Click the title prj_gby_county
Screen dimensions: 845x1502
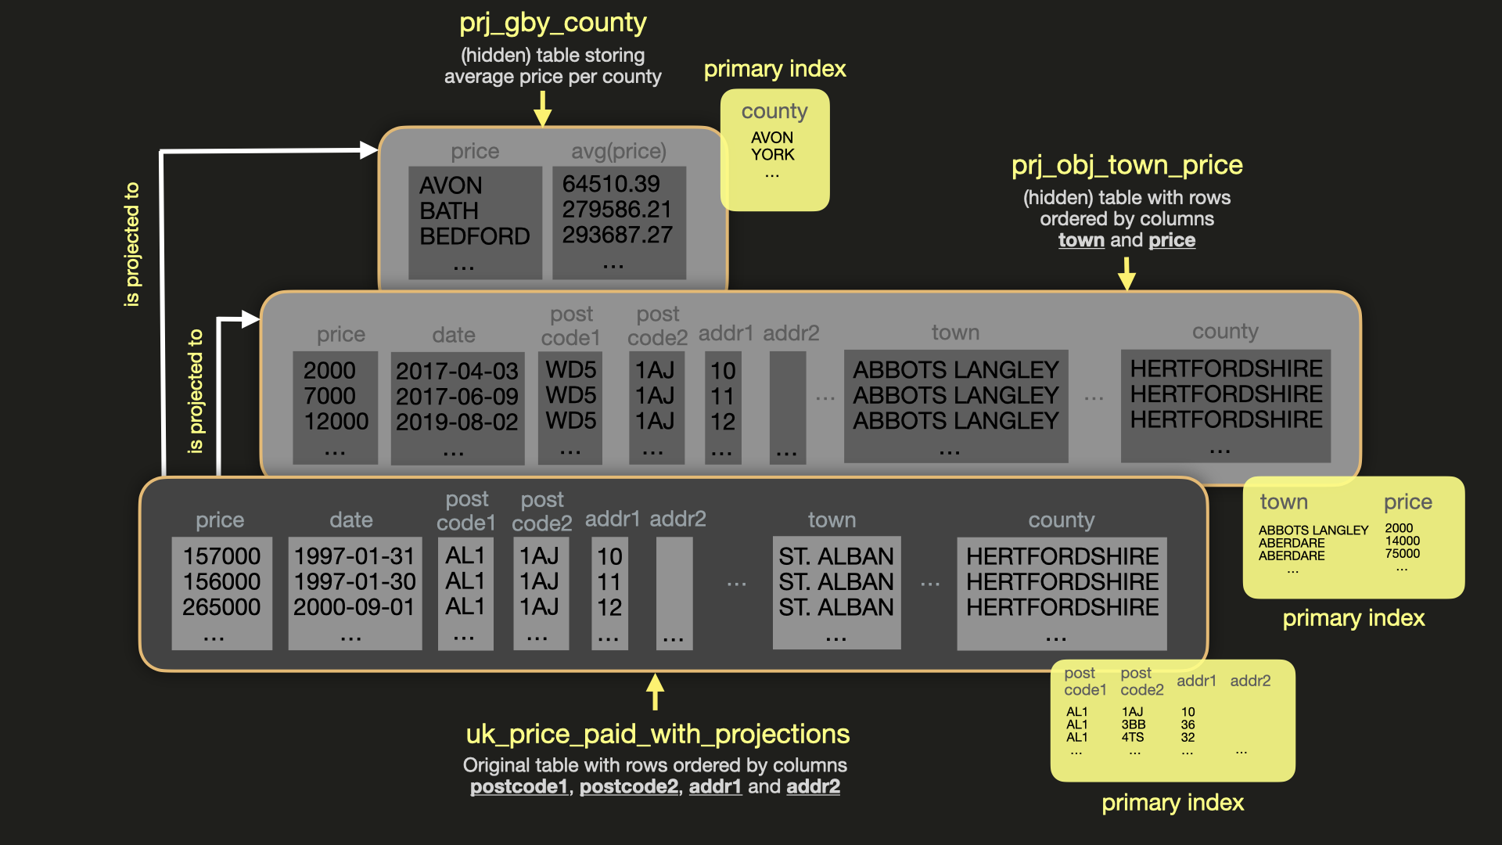[552, 23]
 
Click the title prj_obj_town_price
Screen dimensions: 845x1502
[1126, 165]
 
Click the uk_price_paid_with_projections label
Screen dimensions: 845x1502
[657, 734]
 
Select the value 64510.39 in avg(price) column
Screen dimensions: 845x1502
[611, 184]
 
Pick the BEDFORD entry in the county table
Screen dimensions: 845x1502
[474, 236]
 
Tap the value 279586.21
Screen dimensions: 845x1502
[616, 210]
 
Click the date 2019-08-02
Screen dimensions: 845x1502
[457, 422]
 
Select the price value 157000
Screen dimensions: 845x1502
[221, 556]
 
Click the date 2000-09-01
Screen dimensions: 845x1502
[354, 607]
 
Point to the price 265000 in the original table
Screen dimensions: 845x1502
[221, 607]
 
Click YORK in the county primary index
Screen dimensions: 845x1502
[772, 155]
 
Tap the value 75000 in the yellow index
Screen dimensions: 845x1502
[1402, 554]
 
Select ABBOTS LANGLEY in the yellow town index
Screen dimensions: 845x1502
[1313, 530]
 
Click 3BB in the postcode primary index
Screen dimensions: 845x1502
[1133, 725]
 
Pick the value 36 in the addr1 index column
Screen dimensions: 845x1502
[1188, 725]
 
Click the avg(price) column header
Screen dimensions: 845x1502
[618, 151]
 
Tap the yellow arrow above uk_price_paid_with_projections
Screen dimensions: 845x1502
[655, 692]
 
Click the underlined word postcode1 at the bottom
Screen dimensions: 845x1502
[519, 786]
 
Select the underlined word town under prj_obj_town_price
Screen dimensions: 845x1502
[1081, 240]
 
